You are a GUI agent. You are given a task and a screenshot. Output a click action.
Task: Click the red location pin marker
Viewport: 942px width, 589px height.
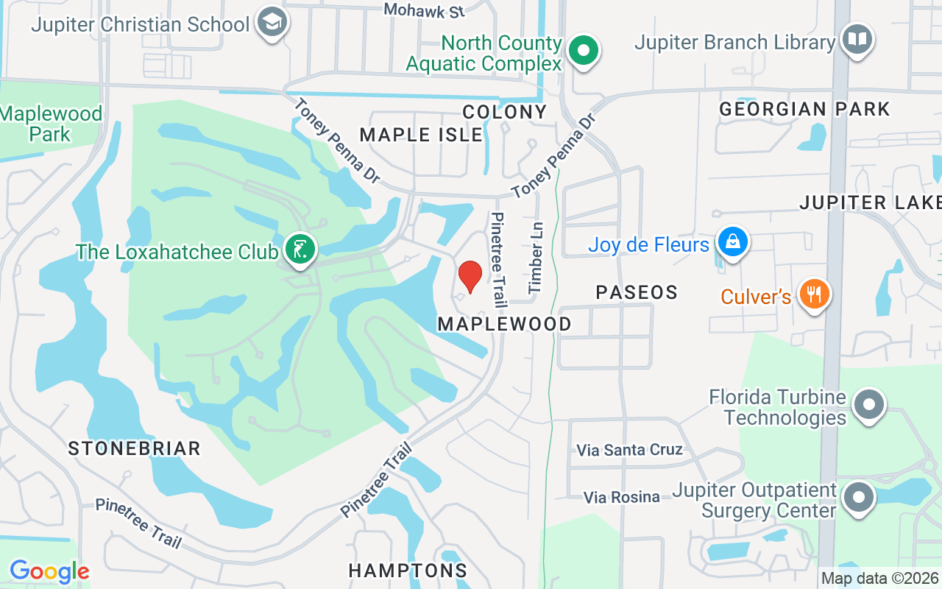click(x=470, y=277)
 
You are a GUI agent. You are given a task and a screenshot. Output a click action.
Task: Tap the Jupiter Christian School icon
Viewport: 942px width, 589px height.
click(x=272, y=24)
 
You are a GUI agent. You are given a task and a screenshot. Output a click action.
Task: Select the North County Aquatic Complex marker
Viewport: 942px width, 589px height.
click(x=584, y=52)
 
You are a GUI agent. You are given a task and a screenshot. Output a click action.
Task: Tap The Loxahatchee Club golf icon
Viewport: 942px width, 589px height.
click(x=300, y=250)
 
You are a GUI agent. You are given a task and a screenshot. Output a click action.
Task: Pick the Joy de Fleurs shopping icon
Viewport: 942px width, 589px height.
click(x=733, y=242)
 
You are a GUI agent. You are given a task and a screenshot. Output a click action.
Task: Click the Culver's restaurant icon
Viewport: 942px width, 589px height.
click(x=813, y=295)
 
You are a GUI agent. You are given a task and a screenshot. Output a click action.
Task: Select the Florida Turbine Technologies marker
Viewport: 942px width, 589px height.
click(x=869, y=405)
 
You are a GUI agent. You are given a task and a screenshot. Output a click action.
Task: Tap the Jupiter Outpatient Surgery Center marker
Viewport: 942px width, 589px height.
click(x=858, y=498)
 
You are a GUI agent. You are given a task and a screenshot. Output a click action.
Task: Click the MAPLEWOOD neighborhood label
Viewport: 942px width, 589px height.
click(x=504, y=324)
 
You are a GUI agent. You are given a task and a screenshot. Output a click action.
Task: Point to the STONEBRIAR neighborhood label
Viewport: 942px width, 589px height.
click(x=134, y=448)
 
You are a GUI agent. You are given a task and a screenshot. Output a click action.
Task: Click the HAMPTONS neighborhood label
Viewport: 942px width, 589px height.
click(x=408, y=571)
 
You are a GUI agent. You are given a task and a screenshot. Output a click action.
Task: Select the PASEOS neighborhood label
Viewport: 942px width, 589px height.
click(x=637, y=292)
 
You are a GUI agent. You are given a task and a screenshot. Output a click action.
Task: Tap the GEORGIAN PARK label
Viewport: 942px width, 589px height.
click(x=804, y=110)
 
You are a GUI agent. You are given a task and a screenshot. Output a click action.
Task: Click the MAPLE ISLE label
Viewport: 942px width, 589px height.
click(x=421, y=135)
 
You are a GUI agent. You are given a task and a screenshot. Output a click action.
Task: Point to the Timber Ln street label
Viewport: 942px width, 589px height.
click(x=535, y=258)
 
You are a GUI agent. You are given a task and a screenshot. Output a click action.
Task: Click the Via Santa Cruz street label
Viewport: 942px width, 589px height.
click(x=629, y=450)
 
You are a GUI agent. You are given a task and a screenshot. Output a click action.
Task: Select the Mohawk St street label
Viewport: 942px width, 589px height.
click(x=425, y=10)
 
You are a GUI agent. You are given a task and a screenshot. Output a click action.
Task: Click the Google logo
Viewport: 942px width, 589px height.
click(x=49, y=571)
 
